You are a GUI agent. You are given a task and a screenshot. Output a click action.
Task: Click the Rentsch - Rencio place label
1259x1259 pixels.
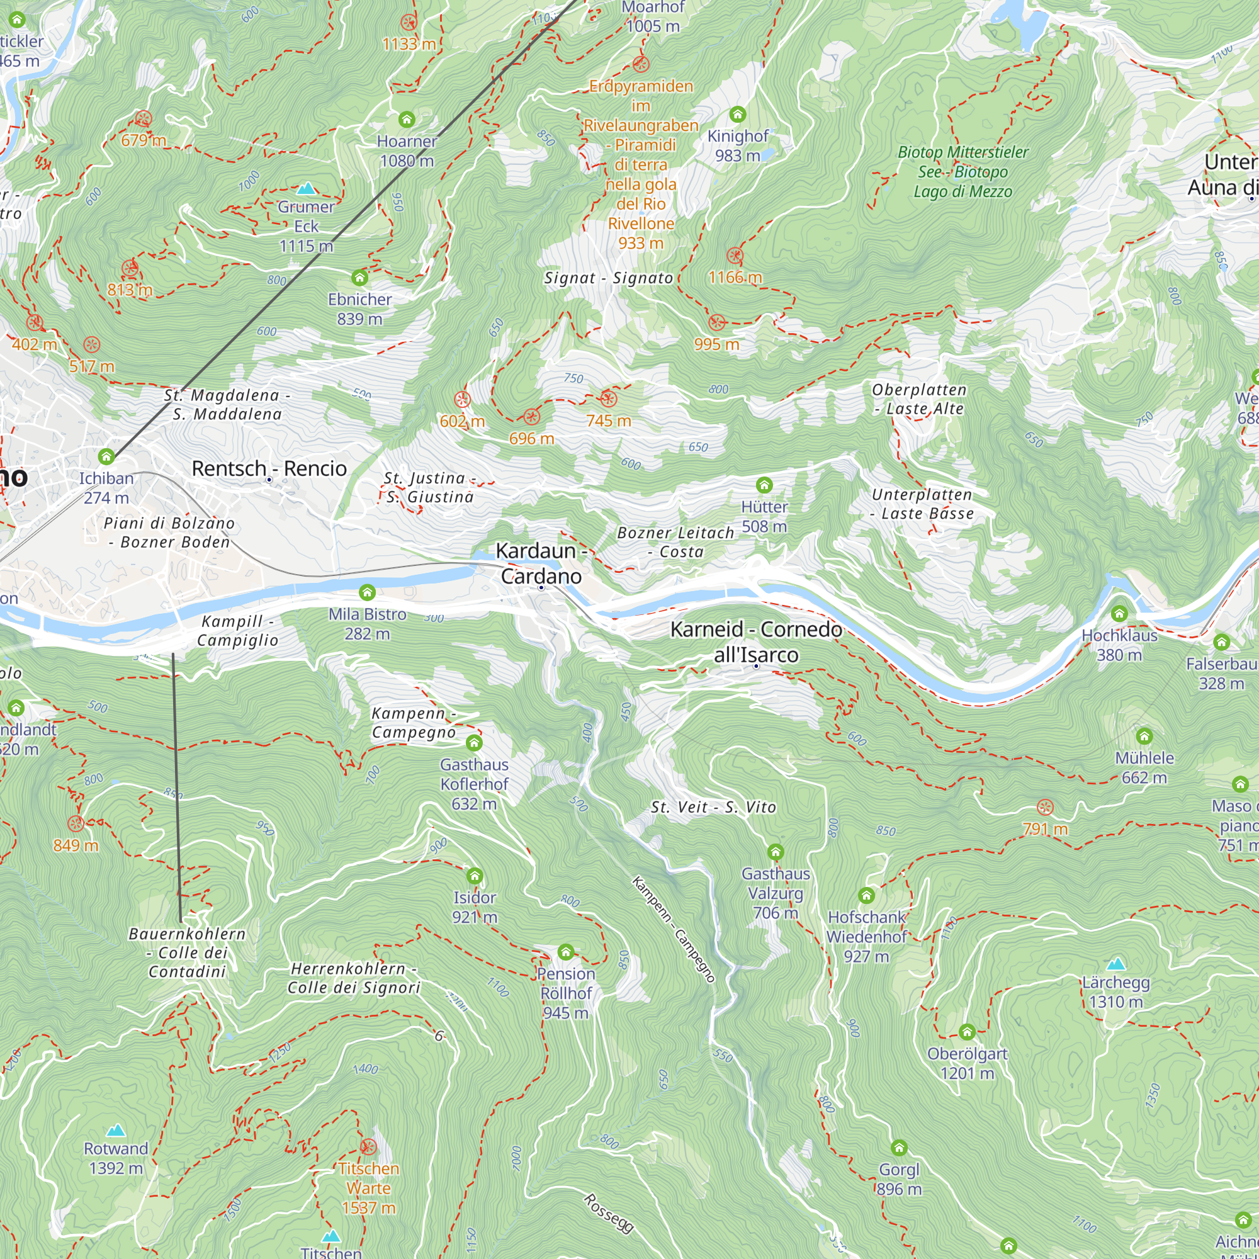click(269, 468)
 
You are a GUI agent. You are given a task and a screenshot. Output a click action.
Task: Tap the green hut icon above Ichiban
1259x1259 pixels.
click(106, 457)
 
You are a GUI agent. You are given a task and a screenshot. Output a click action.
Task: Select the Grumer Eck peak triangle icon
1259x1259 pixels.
click(306, 189)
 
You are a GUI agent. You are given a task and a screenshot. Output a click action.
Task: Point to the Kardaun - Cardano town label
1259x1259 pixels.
click(541, 563)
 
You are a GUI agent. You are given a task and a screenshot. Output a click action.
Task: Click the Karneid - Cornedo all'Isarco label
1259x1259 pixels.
click(756, 642)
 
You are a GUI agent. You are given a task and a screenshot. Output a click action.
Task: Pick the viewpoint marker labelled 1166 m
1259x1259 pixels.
click(735, 256)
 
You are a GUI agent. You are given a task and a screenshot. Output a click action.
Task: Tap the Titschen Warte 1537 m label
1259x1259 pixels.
click(368, 1188)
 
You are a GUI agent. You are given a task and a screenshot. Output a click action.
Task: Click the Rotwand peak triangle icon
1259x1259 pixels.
click(116, 1130)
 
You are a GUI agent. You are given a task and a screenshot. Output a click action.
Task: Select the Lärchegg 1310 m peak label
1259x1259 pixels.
click(1115, 991)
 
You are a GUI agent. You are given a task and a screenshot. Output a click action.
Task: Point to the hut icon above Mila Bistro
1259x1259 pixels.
click(367, 592)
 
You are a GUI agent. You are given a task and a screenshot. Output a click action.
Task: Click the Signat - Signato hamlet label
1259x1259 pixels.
click(609, 278)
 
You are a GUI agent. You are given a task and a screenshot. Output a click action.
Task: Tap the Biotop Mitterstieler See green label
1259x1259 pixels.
click(963, 171)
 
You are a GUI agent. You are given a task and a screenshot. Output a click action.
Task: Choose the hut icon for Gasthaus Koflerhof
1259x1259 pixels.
click(474, 743)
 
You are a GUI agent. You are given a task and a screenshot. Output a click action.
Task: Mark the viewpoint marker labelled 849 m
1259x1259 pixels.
click(76, 823)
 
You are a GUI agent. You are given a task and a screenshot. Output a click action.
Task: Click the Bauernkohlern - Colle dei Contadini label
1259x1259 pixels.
click(187, 952)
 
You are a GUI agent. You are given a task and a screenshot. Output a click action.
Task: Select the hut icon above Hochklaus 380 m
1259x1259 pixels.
click(1119, 613)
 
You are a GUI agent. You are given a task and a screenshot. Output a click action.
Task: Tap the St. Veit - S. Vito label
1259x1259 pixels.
click(714, 808)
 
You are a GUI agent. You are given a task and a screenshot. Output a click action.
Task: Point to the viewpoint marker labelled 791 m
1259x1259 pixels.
click(1044, 808)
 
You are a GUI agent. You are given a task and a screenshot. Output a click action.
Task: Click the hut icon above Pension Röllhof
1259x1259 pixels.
click(566, 952)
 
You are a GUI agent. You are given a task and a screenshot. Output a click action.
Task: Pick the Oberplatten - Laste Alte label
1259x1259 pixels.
click(919, 399)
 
